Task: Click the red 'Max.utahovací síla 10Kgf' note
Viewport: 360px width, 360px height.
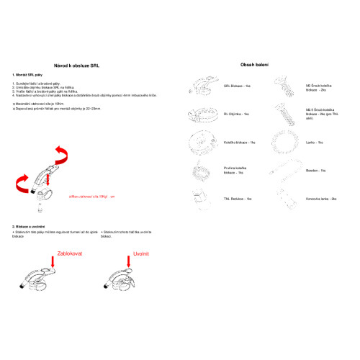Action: pos(91,195)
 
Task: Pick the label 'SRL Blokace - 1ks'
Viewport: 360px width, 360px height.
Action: pos(237,86)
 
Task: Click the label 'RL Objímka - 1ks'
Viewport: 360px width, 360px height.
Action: pos(236,114)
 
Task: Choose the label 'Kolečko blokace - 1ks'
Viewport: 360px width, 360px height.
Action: pos(240,143)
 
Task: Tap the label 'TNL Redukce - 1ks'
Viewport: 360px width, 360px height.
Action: pos(238,198)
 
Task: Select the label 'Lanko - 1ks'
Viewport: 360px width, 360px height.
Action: pos(315,143)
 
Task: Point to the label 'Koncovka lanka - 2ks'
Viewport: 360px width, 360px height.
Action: pos(322,198)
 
